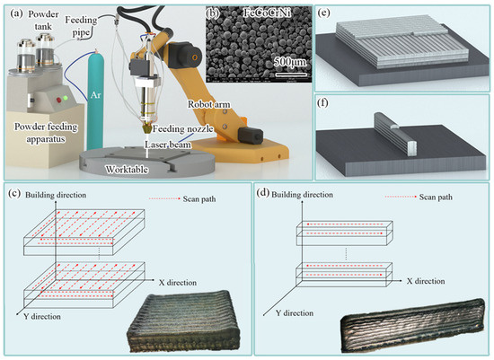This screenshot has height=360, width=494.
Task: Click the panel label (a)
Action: (x=15, y=13)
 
